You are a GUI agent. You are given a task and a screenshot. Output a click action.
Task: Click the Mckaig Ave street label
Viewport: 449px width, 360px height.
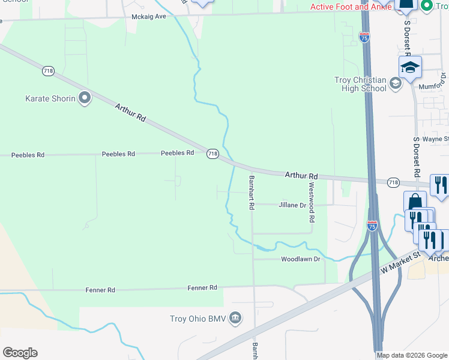148,16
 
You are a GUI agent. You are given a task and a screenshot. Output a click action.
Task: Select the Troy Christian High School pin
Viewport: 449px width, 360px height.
396,83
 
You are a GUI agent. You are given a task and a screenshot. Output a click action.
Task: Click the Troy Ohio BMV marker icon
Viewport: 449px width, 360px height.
235,317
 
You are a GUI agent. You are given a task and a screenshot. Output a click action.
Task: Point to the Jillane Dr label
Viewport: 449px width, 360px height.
292,205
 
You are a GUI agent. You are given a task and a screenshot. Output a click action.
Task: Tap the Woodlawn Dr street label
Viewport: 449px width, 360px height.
301,259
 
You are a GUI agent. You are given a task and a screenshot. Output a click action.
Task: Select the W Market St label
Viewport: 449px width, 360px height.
400,264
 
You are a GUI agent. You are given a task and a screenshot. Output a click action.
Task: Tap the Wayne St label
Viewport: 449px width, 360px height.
435,139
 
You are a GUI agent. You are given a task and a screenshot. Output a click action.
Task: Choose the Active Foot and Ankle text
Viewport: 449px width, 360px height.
346,7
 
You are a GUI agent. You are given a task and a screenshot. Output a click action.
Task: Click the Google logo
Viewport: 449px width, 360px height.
20,352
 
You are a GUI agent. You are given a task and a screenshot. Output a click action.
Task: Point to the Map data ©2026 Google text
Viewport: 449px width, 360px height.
412,355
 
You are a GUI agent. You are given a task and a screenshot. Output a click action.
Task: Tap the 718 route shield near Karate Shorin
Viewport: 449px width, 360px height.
48,71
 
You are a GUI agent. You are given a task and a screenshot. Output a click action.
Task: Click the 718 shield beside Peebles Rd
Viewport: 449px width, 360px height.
212,154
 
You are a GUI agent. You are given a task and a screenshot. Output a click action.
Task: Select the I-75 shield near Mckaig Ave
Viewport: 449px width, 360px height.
365,37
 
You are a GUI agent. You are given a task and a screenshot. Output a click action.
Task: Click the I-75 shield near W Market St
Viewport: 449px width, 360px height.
372,226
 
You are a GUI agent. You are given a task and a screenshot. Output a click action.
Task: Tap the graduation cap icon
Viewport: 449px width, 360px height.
410,67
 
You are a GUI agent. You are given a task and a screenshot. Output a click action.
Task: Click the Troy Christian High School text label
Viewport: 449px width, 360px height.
360,84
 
